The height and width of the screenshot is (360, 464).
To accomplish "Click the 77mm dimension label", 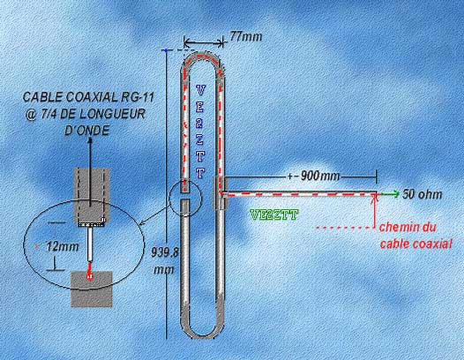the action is pos(246,37).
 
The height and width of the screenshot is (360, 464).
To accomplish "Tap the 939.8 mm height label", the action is pos(165,262).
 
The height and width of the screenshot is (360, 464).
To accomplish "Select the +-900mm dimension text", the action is pos(314,176).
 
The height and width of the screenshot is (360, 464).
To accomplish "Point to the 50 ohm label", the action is pos(423,194).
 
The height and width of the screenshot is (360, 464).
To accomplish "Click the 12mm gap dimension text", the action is pos(63,246).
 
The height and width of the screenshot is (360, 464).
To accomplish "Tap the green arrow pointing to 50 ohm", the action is pos(388,194).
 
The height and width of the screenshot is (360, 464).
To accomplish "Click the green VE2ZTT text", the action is pos(273,215).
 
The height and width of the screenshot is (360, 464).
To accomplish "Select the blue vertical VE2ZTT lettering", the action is pos(200,131).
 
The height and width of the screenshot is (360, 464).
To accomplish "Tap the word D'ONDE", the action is pos(86,130).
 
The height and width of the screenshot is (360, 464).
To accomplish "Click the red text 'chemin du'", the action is pos(408,228).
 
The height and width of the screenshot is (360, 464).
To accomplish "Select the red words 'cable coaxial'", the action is pos(416,244).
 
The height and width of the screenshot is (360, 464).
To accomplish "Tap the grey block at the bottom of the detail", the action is pos(92,289).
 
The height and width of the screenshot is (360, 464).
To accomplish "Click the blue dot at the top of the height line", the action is pos(167,50).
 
